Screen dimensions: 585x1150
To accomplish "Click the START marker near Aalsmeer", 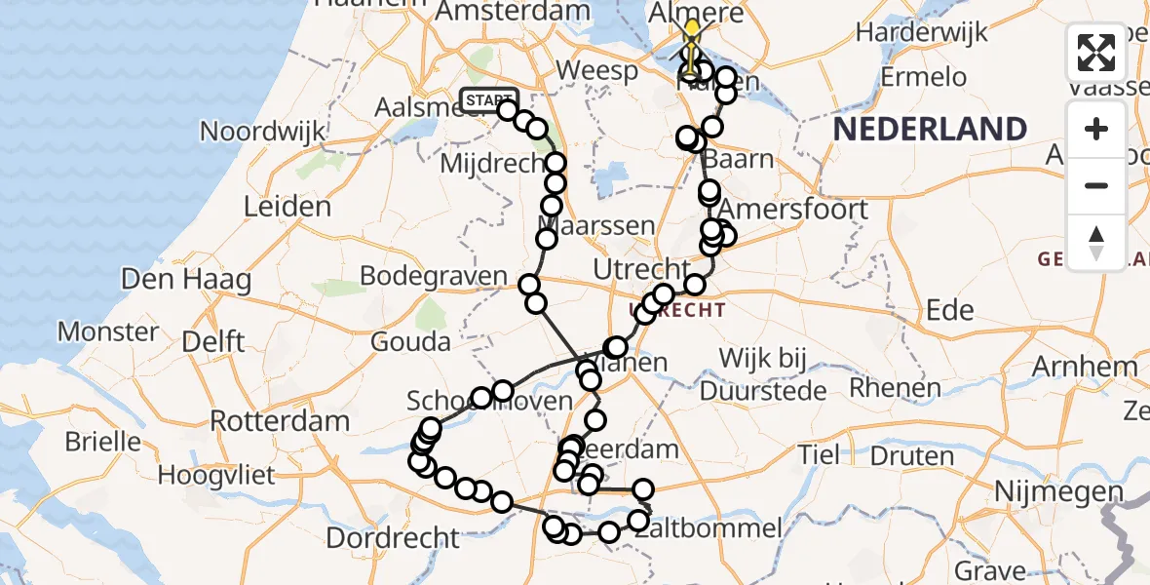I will click(488, 99).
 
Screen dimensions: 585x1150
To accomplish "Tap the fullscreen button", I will click(1096, 53).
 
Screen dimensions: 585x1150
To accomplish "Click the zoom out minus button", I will click(1096, 185).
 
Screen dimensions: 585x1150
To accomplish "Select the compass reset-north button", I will click(1096, 242).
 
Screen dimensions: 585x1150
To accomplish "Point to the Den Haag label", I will click(185, 280).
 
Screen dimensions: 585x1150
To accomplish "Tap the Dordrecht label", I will click(393, 537).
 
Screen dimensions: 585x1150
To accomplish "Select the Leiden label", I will click(287, 207).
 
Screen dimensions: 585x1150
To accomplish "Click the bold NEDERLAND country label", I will click(930, 129).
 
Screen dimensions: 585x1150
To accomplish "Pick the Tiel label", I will click(818, 454).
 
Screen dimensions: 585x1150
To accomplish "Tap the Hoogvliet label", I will click(216, 476).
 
